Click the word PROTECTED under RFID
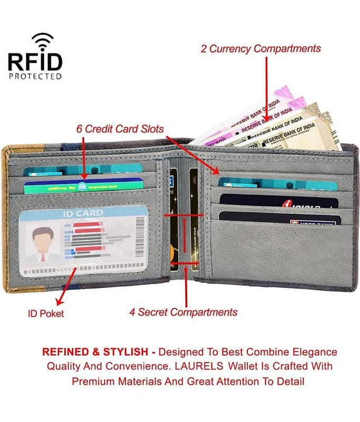coord(35,76)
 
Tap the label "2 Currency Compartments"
coord(260,49)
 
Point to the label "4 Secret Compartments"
coord(183,312)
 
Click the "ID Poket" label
coord(46,313)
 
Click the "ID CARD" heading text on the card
coord(83,214)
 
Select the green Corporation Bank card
coord(84,186)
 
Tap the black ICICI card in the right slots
coord(278,201)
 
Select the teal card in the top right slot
coord(278,185)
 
